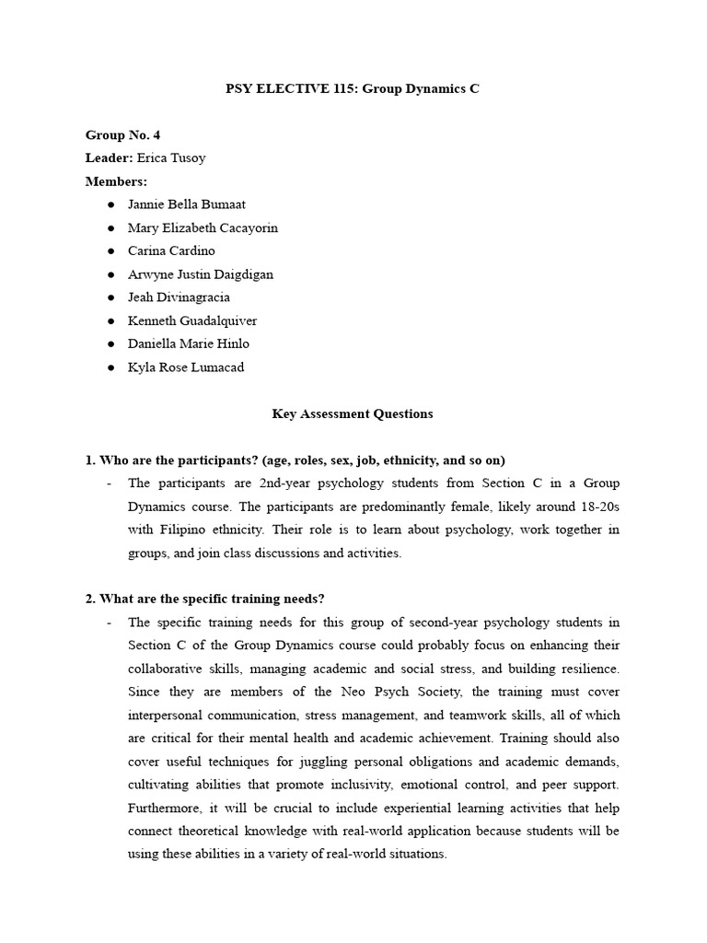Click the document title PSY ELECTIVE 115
[353, 88]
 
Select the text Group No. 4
[122, 134]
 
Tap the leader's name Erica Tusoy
[171, 157]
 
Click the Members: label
[116, 181]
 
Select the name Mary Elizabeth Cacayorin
[203, 227]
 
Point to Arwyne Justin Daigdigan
[201, 274]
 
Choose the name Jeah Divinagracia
[179, 297]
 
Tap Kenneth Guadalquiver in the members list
[192, 320]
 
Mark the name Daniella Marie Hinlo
[189, 343]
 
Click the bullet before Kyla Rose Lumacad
[110, 367]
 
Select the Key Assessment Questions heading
[353, 413]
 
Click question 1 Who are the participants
[296, 460]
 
